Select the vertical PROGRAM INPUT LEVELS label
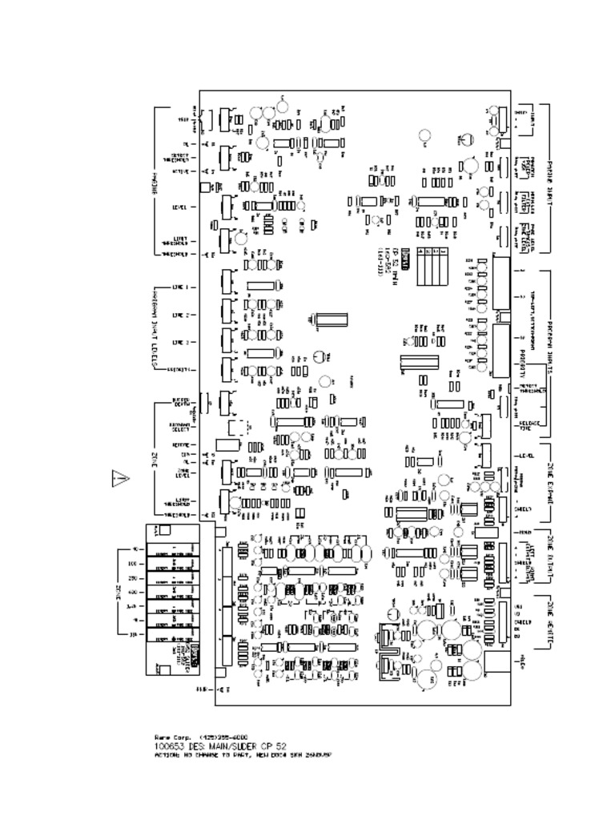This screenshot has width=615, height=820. click(x=155, y=328)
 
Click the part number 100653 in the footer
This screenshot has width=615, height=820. click(x=167, y=745)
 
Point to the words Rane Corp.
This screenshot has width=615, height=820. click(x=168, y=736)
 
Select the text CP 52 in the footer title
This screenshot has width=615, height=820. click(x=275, y=745)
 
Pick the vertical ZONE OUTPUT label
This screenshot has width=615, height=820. click(x=550, y=553)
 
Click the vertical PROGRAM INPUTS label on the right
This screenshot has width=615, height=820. click(x=551, y=345)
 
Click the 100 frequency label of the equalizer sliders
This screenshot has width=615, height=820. click(x=133, y=564)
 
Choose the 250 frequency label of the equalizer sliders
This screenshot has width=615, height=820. click(x=133, y=577)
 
